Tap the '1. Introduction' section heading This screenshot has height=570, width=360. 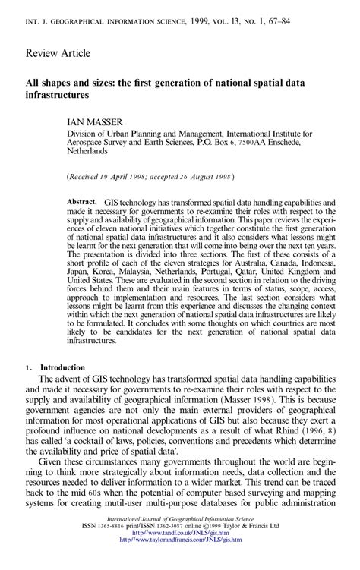coord(46,367)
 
